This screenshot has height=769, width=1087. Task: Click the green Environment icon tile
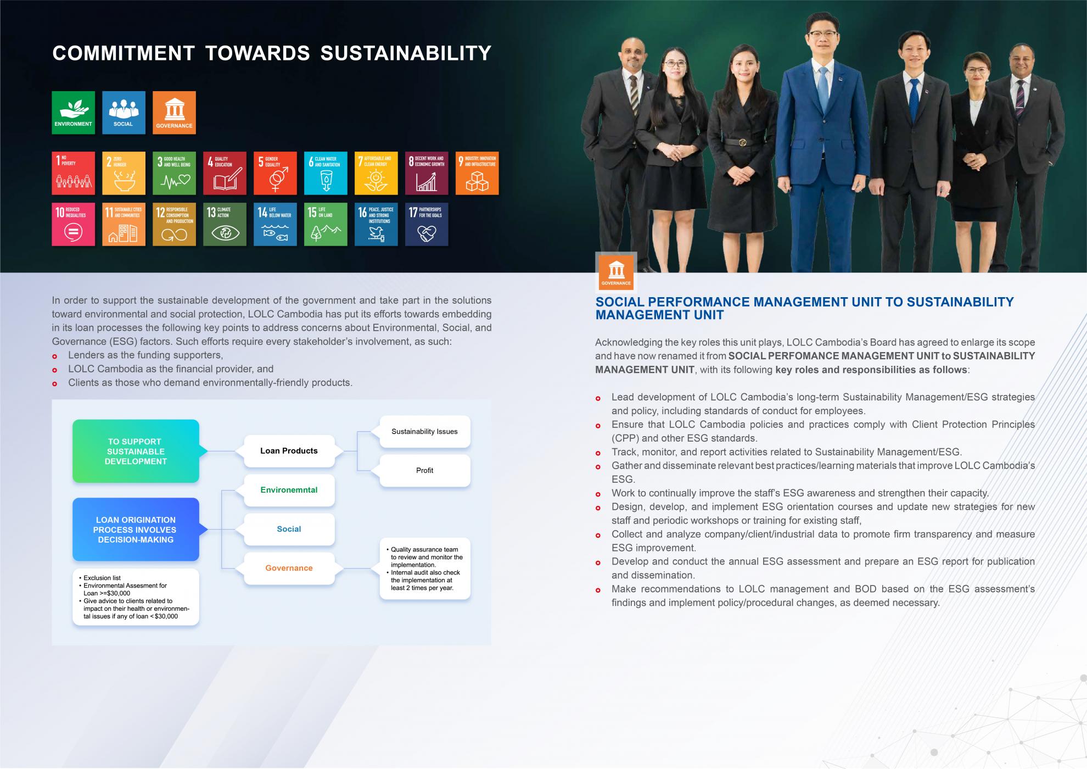point(73,113)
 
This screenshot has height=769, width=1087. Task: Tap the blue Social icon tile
point(124,113)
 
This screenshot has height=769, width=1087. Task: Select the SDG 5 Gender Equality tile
point(275,173)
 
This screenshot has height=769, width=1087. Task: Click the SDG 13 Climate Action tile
point(225,224)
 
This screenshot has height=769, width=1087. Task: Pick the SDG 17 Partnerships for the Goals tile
point(427,224)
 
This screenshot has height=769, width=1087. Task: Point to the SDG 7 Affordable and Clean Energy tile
point(376,173)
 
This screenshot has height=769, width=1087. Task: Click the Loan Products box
point(289,451)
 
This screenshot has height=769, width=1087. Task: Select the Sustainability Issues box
point(425,431)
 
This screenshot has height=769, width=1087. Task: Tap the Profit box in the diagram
point(425,470)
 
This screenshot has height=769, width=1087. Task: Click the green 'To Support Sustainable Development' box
point(136,451)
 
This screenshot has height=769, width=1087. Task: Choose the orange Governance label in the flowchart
point(289,568)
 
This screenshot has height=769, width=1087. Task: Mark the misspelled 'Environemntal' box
point(289,490)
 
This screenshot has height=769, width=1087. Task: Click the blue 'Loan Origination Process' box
point(136,530)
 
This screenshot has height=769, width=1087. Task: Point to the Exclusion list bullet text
point(102,578)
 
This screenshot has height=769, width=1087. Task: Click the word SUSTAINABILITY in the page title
point(406,53)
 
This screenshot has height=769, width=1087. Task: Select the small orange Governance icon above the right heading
point(616,271)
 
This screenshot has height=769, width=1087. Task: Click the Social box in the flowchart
point(289,529)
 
